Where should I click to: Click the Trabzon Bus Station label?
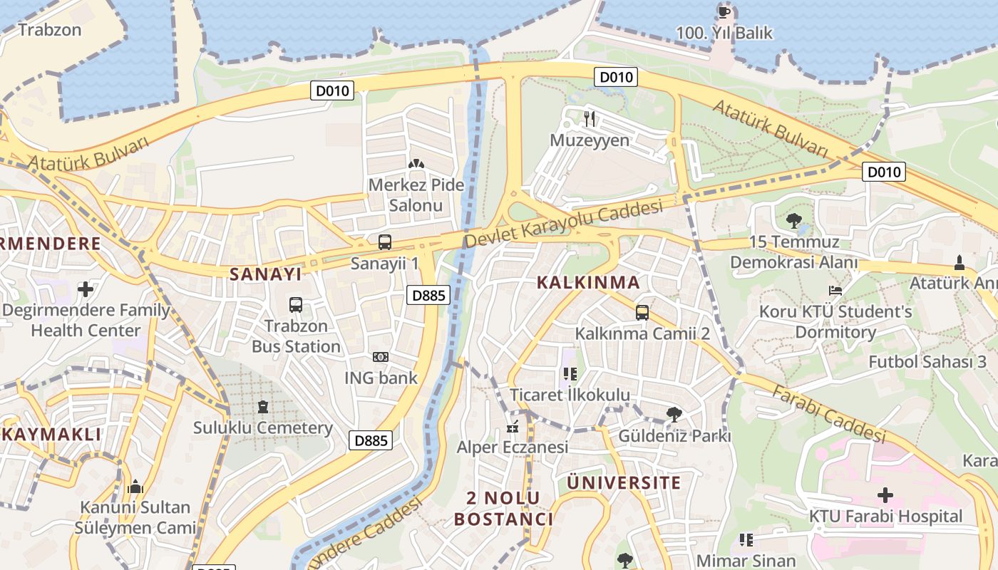point(296,336)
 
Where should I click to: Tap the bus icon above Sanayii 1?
point(385,242)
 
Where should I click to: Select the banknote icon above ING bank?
point(381,356)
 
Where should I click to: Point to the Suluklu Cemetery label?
point(263,427)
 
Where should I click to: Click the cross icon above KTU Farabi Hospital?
point(885,494)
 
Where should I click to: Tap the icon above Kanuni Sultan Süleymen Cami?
point(135,487)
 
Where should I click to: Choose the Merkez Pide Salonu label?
point(416,195)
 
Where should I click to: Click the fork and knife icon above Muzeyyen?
point(590,118)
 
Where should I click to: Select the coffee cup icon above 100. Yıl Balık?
point(724,11)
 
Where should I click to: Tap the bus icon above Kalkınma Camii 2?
point(642,312)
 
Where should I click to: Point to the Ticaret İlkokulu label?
point(570,395)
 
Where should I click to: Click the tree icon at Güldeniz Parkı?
point(674,414)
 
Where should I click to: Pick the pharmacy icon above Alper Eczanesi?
point(512,427)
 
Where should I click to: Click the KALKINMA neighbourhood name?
point(588,282)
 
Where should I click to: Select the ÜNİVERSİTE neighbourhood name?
point(624,482)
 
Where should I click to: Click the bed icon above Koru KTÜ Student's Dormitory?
point(835,290)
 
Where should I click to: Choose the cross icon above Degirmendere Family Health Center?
point(86,289)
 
